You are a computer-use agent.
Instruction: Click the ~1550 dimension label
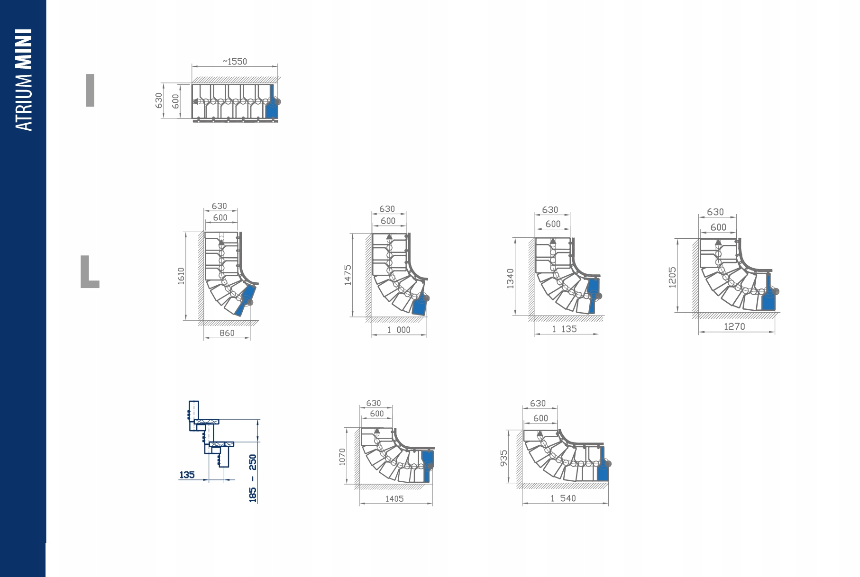coord(235,62)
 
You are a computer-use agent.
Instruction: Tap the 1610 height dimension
coord(181,276)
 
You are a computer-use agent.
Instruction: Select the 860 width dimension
coord(227,333)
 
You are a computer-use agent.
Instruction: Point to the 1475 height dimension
coord(348,275)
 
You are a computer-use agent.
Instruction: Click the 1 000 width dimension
coord(399,330)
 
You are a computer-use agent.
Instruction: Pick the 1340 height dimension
coord(510,278)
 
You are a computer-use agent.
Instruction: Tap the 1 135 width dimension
coord(564,329)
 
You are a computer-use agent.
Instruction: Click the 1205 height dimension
coord(672,277)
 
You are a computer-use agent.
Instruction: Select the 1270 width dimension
coord(734,327)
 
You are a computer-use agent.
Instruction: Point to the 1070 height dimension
coord(342,457)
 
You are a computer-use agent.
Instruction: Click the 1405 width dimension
coord(394,499)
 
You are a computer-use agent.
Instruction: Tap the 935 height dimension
coord(504,458)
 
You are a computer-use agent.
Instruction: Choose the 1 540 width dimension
coord(563,498)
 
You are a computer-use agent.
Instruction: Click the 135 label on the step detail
coord(187,475)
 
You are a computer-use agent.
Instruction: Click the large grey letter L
coord(90,272)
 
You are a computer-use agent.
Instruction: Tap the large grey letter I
coord(90,90)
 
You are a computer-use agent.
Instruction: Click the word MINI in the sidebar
coord(24,49)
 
